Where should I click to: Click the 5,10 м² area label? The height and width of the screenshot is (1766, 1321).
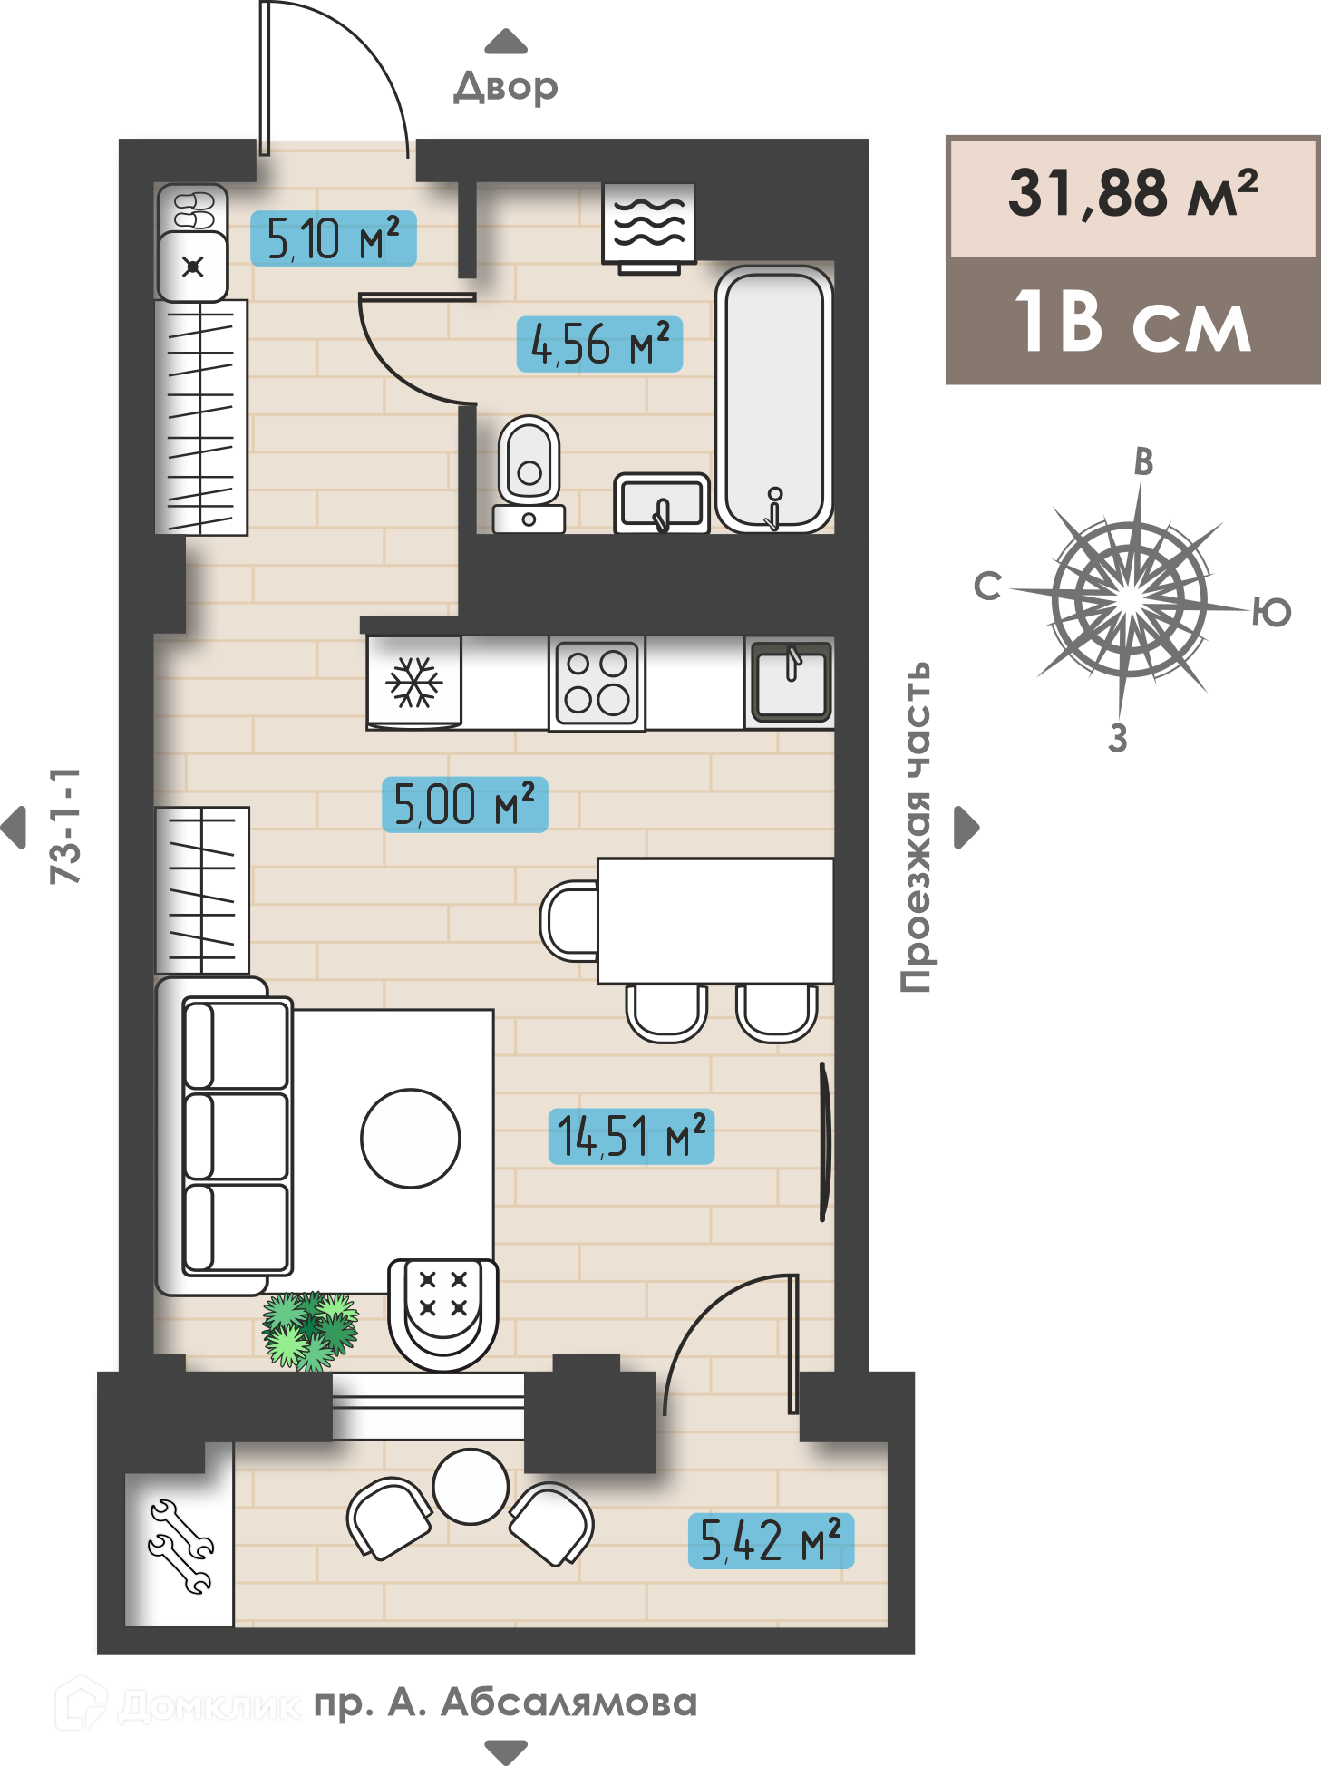click(x=333, y=238)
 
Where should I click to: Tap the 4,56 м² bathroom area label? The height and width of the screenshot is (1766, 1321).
click(x=598, y=344)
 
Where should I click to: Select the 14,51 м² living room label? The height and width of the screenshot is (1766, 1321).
click(x=631, y=1136)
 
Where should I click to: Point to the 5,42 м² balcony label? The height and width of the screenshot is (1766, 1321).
click(x=771, y=1540)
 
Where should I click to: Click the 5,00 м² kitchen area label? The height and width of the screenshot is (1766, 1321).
click(x=464, y=804)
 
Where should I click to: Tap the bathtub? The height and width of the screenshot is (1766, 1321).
click(x=774, y=399)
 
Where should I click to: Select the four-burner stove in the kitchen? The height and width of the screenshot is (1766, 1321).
click(x=597, y=683)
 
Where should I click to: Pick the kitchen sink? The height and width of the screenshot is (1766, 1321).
click(x=791, y=682)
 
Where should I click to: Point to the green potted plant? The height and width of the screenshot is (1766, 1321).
click(x=310, y=1330)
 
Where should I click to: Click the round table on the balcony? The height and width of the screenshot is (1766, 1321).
click(x=471, y=1486)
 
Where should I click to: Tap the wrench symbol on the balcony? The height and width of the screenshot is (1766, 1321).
click(x=180, y=1547)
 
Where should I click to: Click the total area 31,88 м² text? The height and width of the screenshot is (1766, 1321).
click(x=1132, y=193)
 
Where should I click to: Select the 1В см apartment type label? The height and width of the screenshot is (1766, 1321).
click(x=1132, y=321)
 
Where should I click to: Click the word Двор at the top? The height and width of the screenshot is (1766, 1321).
click(x=506, y=87)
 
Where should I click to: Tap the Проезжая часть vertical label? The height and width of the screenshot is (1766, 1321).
click(x=916, y=827)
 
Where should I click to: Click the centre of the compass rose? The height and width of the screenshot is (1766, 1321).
click(x=1130, y=598)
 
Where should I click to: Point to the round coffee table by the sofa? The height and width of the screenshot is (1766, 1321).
click(x=411, y=1138)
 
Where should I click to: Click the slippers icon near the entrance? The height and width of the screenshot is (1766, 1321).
click(x=193, y=209)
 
